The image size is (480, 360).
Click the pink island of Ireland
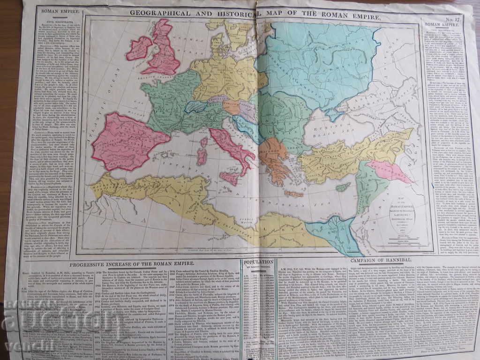click(x=139, y=48)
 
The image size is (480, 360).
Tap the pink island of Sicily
click(x=230, y=178)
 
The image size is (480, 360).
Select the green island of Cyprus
click(x=343, y=187)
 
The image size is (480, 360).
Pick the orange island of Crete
click(x=293, y=193)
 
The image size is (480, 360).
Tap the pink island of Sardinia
click(x=202, y=157)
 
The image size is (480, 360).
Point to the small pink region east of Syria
click(x=389, y=171)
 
